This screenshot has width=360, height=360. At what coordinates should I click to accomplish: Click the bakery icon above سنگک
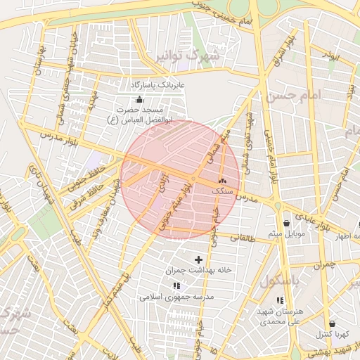(x=223, y=181)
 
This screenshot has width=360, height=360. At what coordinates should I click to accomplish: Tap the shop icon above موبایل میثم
(x=285, y=223)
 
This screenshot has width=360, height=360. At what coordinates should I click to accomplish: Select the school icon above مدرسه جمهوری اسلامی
(x=176, y=285)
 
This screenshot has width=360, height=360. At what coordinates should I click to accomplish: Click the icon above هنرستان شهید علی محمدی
(x=281, y=300)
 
